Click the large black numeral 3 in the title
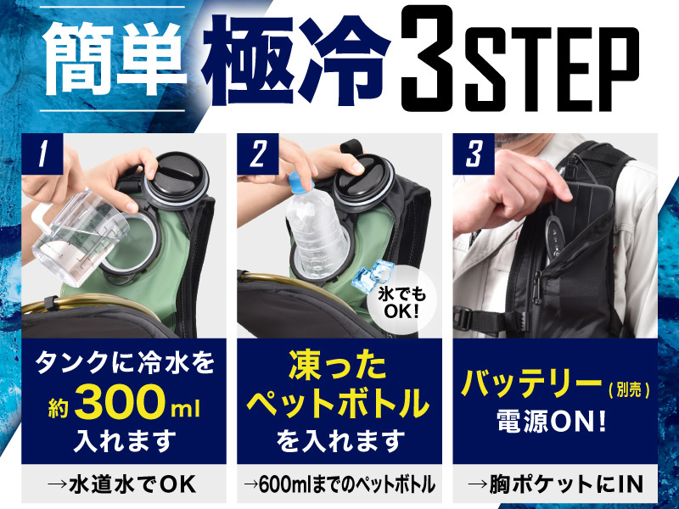(x=427, y=59)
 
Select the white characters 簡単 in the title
(x=115, y=59)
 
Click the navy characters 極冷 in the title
(x=295, y=60)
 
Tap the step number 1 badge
(x=42, y=154)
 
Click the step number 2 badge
(x=258, y=154)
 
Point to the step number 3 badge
(x=474, y=154)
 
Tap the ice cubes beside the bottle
(x=372, y=276)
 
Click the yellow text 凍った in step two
(x=337, y=366)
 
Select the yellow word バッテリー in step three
(x=531, y=384)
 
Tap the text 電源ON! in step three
(x=551, y=421)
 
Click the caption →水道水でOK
(x=122, y=484)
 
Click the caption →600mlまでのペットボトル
(x=339, y=484)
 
